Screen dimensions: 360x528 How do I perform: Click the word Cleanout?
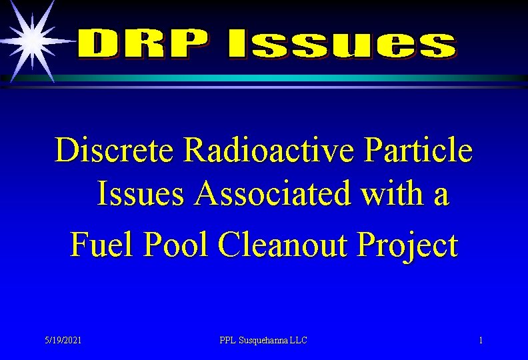283,245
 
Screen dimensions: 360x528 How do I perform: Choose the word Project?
407,245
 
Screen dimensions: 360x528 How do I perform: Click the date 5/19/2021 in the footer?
63,341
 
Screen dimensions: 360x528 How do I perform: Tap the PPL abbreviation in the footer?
229,341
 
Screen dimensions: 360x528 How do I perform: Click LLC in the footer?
299,341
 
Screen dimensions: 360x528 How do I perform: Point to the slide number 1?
481,341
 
